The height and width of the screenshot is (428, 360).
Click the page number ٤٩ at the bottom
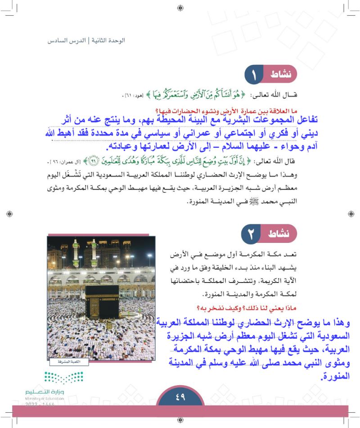pyautogui.click(x=180, y=397)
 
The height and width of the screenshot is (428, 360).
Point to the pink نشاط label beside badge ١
pyautogui.click(x=283, y=75)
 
